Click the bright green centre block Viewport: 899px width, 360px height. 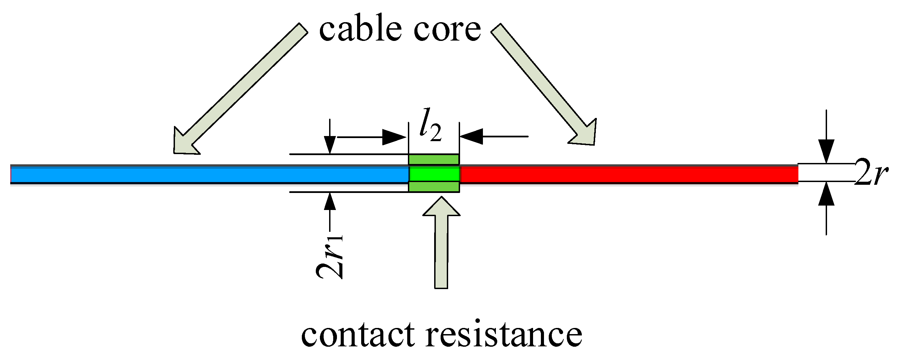434,174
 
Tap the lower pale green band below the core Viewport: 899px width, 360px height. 434,186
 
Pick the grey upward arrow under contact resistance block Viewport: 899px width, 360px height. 441,244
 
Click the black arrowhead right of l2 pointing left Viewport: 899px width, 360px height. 472,136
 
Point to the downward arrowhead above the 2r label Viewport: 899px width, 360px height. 826,151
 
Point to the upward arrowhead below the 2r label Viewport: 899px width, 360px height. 826,194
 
